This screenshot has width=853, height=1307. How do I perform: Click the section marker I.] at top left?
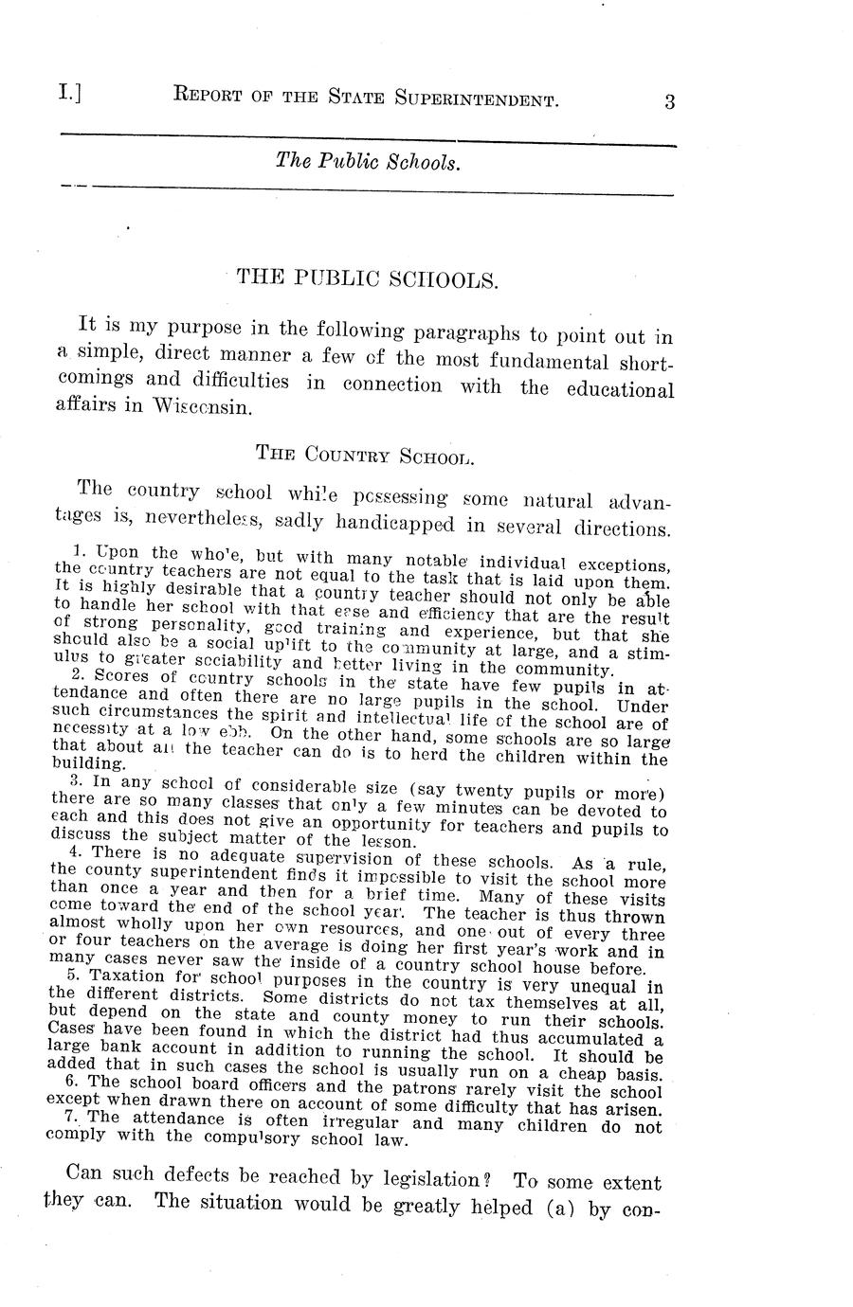(68, 94)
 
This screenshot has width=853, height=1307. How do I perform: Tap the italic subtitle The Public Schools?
(368, 162)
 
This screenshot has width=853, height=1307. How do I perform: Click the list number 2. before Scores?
(79, 673)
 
